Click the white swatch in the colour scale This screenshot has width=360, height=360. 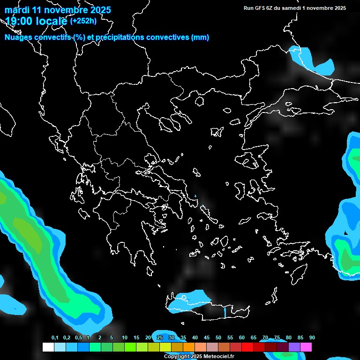tap(48, 347)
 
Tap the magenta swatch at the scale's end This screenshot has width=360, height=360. tap(306, 347)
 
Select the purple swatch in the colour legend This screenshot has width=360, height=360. tap(294, 347)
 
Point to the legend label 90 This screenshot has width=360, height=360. tap(312, 338)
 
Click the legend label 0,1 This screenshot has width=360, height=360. tap(55, 338)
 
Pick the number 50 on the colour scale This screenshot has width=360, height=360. tap(218, 338)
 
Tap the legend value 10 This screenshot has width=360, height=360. tap(124, 338)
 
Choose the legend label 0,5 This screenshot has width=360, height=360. tap(78, 338)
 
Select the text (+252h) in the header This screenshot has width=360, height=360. tap(84, 21)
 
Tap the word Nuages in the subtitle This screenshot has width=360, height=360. tap(19, 37)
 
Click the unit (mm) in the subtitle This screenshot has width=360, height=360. tap(200, 37)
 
